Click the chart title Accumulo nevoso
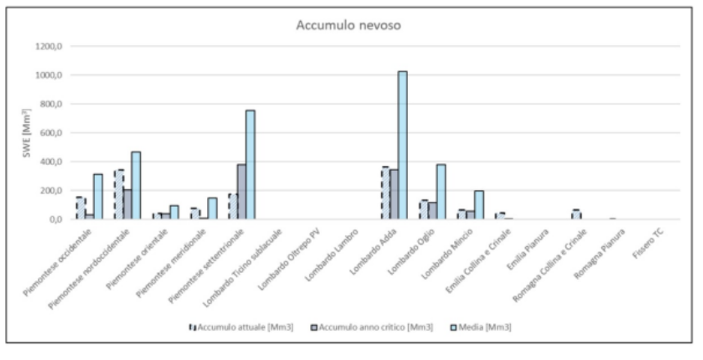click(349, 25)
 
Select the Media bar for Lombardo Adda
click(403, 145)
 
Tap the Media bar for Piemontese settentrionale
click(250, 165)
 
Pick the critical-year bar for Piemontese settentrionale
click(242, 191)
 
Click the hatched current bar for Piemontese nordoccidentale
click(119, 195)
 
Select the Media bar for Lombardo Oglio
click(441, 191)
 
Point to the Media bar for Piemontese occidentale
click(98, 197)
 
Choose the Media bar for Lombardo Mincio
click(479, 205)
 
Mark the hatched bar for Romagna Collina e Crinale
click(576, 215)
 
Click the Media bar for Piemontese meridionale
click(212, 209)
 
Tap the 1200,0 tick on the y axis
click(49, 46)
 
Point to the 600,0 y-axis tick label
click(51, 133)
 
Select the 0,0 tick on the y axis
click(55, 219)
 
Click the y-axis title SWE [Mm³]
click(27, 133)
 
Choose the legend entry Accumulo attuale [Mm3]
click(241, 327)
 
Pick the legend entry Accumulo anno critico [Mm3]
click(372, 327)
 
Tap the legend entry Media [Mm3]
click(481, 327)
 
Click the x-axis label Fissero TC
click(648, 243)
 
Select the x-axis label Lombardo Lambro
click(331, 254)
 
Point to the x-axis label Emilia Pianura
click(528, 249)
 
